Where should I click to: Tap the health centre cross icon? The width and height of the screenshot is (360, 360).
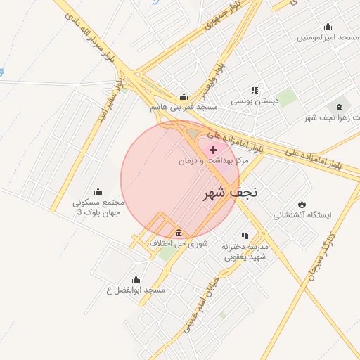pos(214,150)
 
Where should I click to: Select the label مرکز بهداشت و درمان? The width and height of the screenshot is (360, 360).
pos(213,161)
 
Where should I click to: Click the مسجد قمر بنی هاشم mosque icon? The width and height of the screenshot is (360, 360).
pos(184,97)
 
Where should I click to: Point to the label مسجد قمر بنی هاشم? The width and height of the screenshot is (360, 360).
pos(184,108)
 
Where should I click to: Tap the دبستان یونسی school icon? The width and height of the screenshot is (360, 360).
pos(255,90)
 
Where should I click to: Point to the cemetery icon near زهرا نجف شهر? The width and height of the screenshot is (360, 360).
pos(340,107)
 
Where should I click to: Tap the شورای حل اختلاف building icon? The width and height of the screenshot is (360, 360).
pos(179,233)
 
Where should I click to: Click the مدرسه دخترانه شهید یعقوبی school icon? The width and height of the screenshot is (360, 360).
pos(245,236)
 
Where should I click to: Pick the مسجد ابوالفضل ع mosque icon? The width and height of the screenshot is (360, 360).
pos(136,279)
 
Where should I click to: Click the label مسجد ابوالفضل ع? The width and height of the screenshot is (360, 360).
pos(135,290)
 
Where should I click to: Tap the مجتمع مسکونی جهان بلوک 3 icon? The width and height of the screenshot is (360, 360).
pos(98,191)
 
